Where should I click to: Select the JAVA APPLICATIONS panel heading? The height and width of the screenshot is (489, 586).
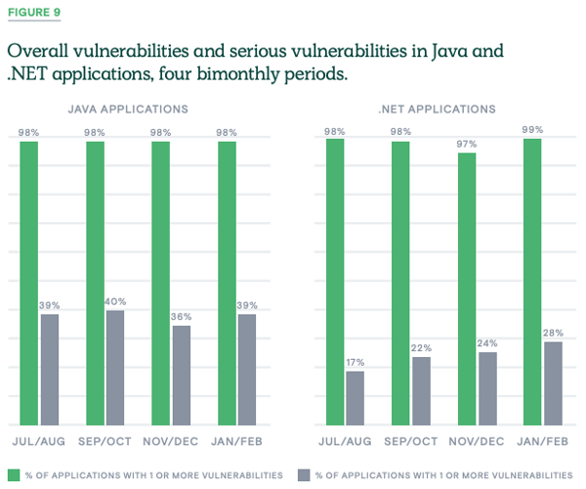[127, 110]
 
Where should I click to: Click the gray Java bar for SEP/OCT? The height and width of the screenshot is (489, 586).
[115, 368]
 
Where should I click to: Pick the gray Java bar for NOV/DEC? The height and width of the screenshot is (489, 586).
[181, 376]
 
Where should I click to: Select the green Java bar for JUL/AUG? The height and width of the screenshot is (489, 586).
[28, 284]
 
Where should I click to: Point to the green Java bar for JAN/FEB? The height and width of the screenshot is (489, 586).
[227, 284]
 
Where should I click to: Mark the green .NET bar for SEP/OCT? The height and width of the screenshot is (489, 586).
[401, 284]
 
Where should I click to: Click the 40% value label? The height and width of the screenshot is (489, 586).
[116, 302]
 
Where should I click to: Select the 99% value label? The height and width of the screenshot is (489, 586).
[532, 131]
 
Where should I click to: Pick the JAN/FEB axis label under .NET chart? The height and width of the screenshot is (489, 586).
[543, 441]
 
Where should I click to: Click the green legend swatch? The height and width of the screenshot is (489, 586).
[13, 474]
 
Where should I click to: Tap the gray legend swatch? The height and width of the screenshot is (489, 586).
[303, 474]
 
